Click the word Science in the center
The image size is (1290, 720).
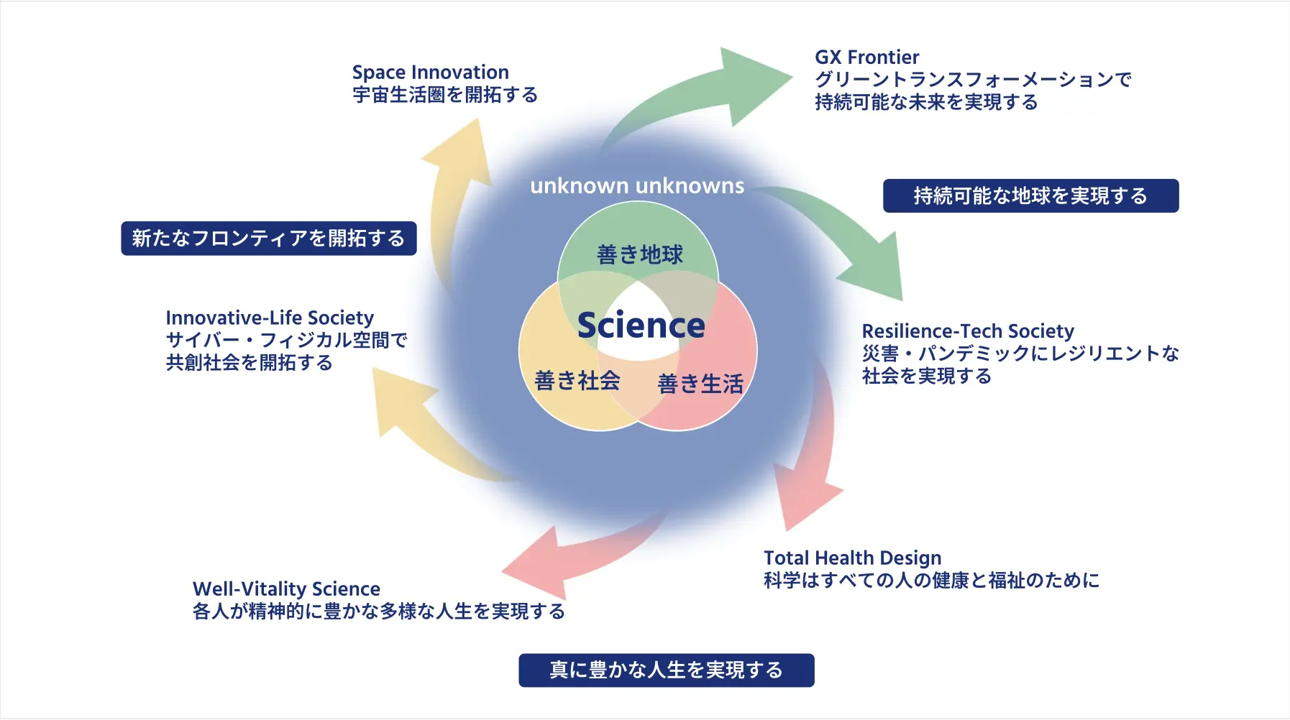[x=641, y=326]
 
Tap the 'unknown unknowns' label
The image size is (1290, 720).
[x=637, y=186]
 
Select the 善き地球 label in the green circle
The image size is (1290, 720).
[x=639, y=254]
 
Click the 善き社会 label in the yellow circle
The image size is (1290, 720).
[x=577, y=380]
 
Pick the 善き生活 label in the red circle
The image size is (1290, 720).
[x=700, y=384]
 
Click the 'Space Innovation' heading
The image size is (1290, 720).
[x=430, y=73]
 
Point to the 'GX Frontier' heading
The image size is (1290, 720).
[x=866, y=57]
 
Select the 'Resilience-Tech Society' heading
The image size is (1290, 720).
[x=967, y=331]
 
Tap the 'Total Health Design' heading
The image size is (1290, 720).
[x=852, y=558]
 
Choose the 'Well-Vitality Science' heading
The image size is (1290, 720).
[x=286, y=589]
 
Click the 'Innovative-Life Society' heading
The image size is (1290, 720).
[x=270, y=318]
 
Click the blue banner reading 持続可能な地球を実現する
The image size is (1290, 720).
[x=1030, y=195]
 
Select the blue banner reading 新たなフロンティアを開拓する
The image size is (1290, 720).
[x=269, y=239]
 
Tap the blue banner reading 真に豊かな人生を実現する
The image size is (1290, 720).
[x=666, y=670]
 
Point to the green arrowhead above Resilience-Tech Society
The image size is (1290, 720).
[x=877, y=269]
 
